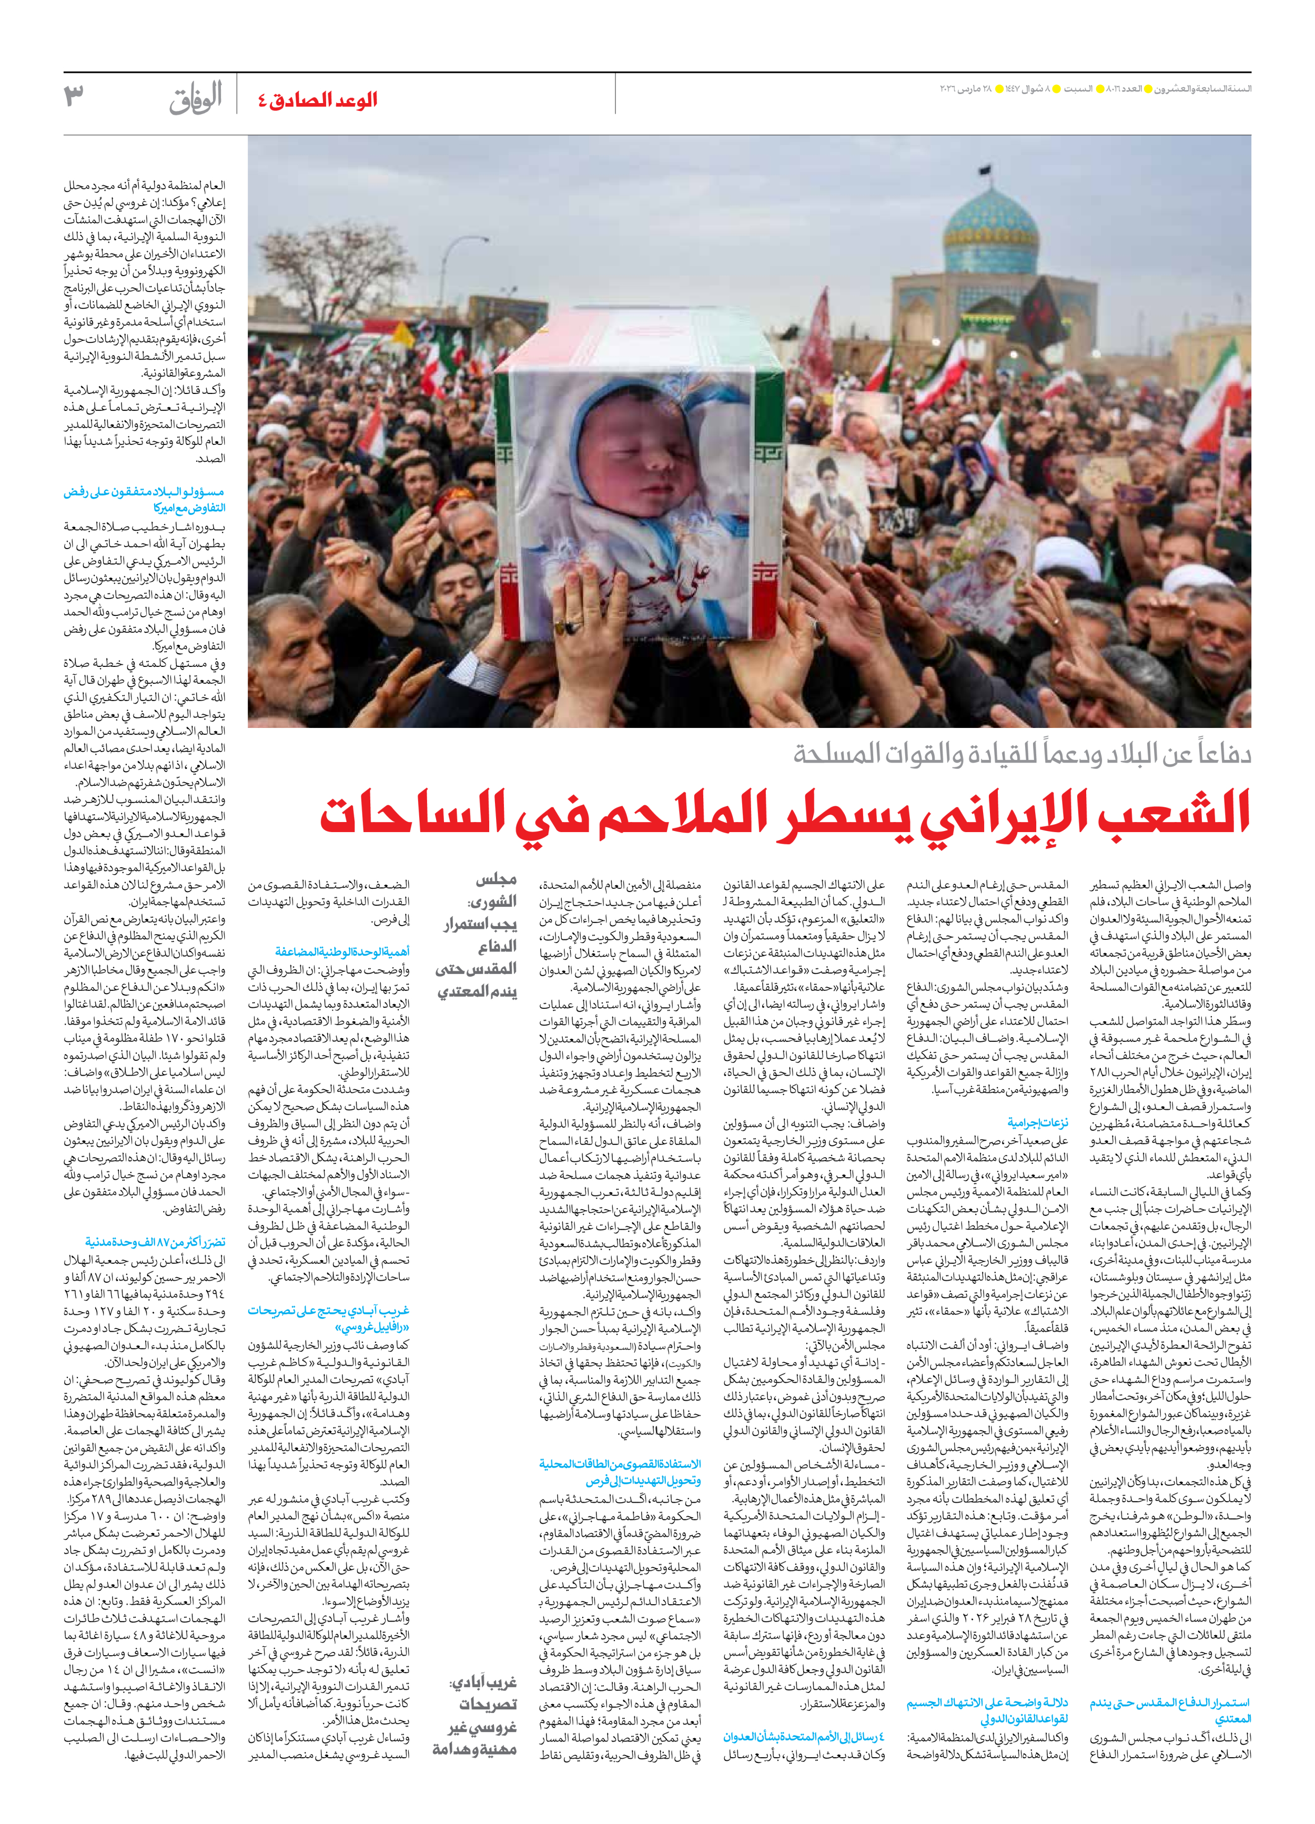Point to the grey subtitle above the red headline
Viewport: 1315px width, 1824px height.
[x=1021, y=754]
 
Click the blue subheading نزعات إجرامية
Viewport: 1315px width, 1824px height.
[x=1037, y=1123]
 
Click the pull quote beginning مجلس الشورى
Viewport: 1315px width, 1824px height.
[x=477, y=935]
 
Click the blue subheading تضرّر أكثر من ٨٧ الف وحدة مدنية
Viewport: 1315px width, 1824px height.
[x=155, y=1242]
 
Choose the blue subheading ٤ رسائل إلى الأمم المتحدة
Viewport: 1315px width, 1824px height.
[x=804, y=1736]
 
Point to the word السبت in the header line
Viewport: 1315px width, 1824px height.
[x=1078, y=88]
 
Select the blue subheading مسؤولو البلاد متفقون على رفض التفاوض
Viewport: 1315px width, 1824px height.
[x=145, y=500]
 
